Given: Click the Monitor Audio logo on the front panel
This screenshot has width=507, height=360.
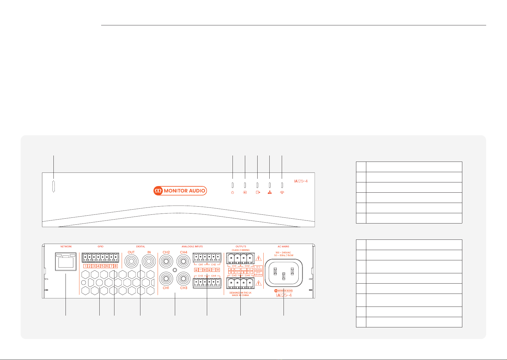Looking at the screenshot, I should click(x=180, y=191).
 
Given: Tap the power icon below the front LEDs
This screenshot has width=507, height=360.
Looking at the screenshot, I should click(x=233, y=193).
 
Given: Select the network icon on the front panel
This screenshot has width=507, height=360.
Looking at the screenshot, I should click(x=270, y=192).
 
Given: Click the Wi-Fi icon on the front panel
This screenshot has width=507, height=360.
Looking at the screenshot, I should click(x=282, y=192).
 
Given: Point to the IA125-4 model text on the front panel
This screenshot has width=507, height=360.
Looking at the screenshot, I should click(x=301, y=181).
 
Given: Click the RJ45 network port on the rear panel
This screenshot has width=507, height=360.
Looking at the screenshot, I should click(x=66, y=262).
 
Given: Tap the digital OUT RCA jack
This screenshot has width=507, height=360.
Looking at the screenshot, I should click(x=131, y=262).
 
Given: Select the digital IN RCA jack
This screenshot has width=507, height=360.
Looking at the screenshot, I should click(x=149, y=262).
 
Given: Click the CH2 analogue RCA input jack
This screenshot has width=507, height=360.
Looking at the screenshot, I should click(x=166, y=262).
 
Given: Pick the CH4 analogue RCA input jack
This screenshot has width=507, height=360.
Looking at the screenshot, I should click(x=184, y=262).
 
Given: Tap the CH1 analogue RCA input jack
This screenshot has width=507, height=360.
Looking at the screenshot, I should click(x=166, y=278).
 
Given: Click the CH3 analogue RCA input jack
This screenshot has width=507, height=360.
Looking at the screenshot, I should click(x=184, y=278).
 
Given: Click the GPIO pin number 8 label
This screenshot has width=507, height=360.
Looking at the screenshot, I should click(x=116, y=266).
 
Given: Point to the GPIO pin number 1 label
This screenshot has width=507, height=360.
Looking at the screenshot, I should click(x=85, y=266).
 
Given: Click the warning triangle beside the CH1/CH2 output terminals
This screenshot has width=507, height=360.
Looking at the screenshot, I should click(x=258, y=259).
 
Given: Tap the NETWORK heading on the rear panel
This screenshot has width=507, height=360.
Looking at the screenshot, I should click(x=66, y=246).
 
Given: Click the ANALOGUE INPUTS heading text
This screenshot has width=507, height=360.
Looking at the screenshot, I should click(x=192, y=246).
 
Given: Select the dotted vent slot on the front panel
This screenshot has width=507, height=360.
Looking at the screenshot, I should click(x=54, y=187).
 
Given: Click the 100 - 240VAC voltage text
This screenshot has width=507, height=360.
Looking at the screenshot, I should click(x=283, y=252).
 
